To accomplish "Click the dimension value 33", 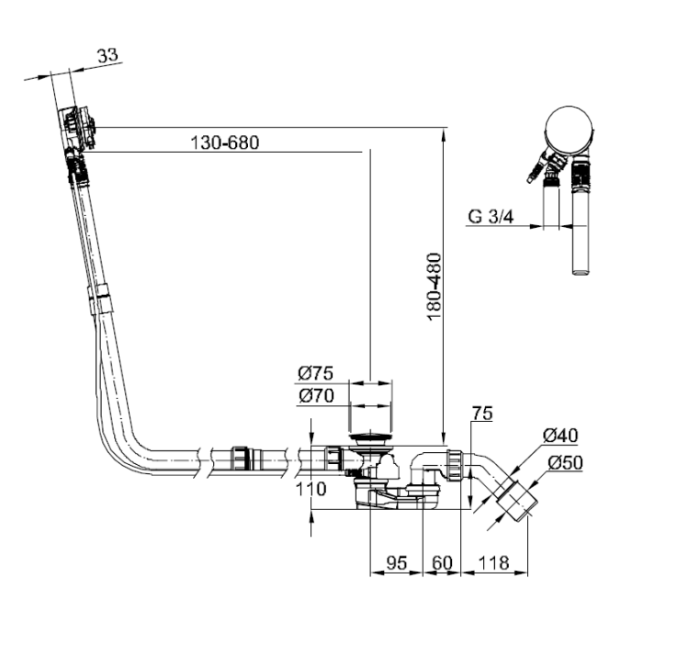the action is tap(107, 55).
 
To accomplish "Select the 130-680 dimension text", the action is tap(224, 142).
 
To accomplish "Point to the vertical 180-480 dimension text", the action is tap(435, 287).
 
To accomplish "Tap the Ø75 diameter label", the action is tap(315, 373).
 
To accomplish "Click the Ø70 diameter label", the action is tap(316, 396).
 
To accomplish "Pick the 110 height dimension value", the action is tap(311, 489).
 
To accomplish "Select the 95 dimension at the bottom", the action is tap(396, 563).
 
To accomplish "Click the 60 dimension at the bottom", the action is tap(442, 563).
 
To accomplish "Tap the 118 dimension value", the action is tap(493, 563).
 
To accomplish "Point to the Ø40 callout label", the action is tap(560, 436).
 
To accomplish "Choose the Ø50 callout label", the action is tap(566, 462).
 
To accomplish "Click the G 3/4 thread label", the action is tap(491, 217).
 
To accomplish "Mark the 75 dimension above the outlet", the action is tap(482, 414).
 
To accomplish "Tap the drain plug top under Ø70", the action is tap(370, 437).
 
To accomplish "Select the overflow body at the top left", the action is tap(78, 128).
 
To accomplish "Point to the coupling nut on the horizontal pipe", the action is tap(241, 459).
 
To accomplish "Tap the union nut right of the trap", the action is tap(456, 464).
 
